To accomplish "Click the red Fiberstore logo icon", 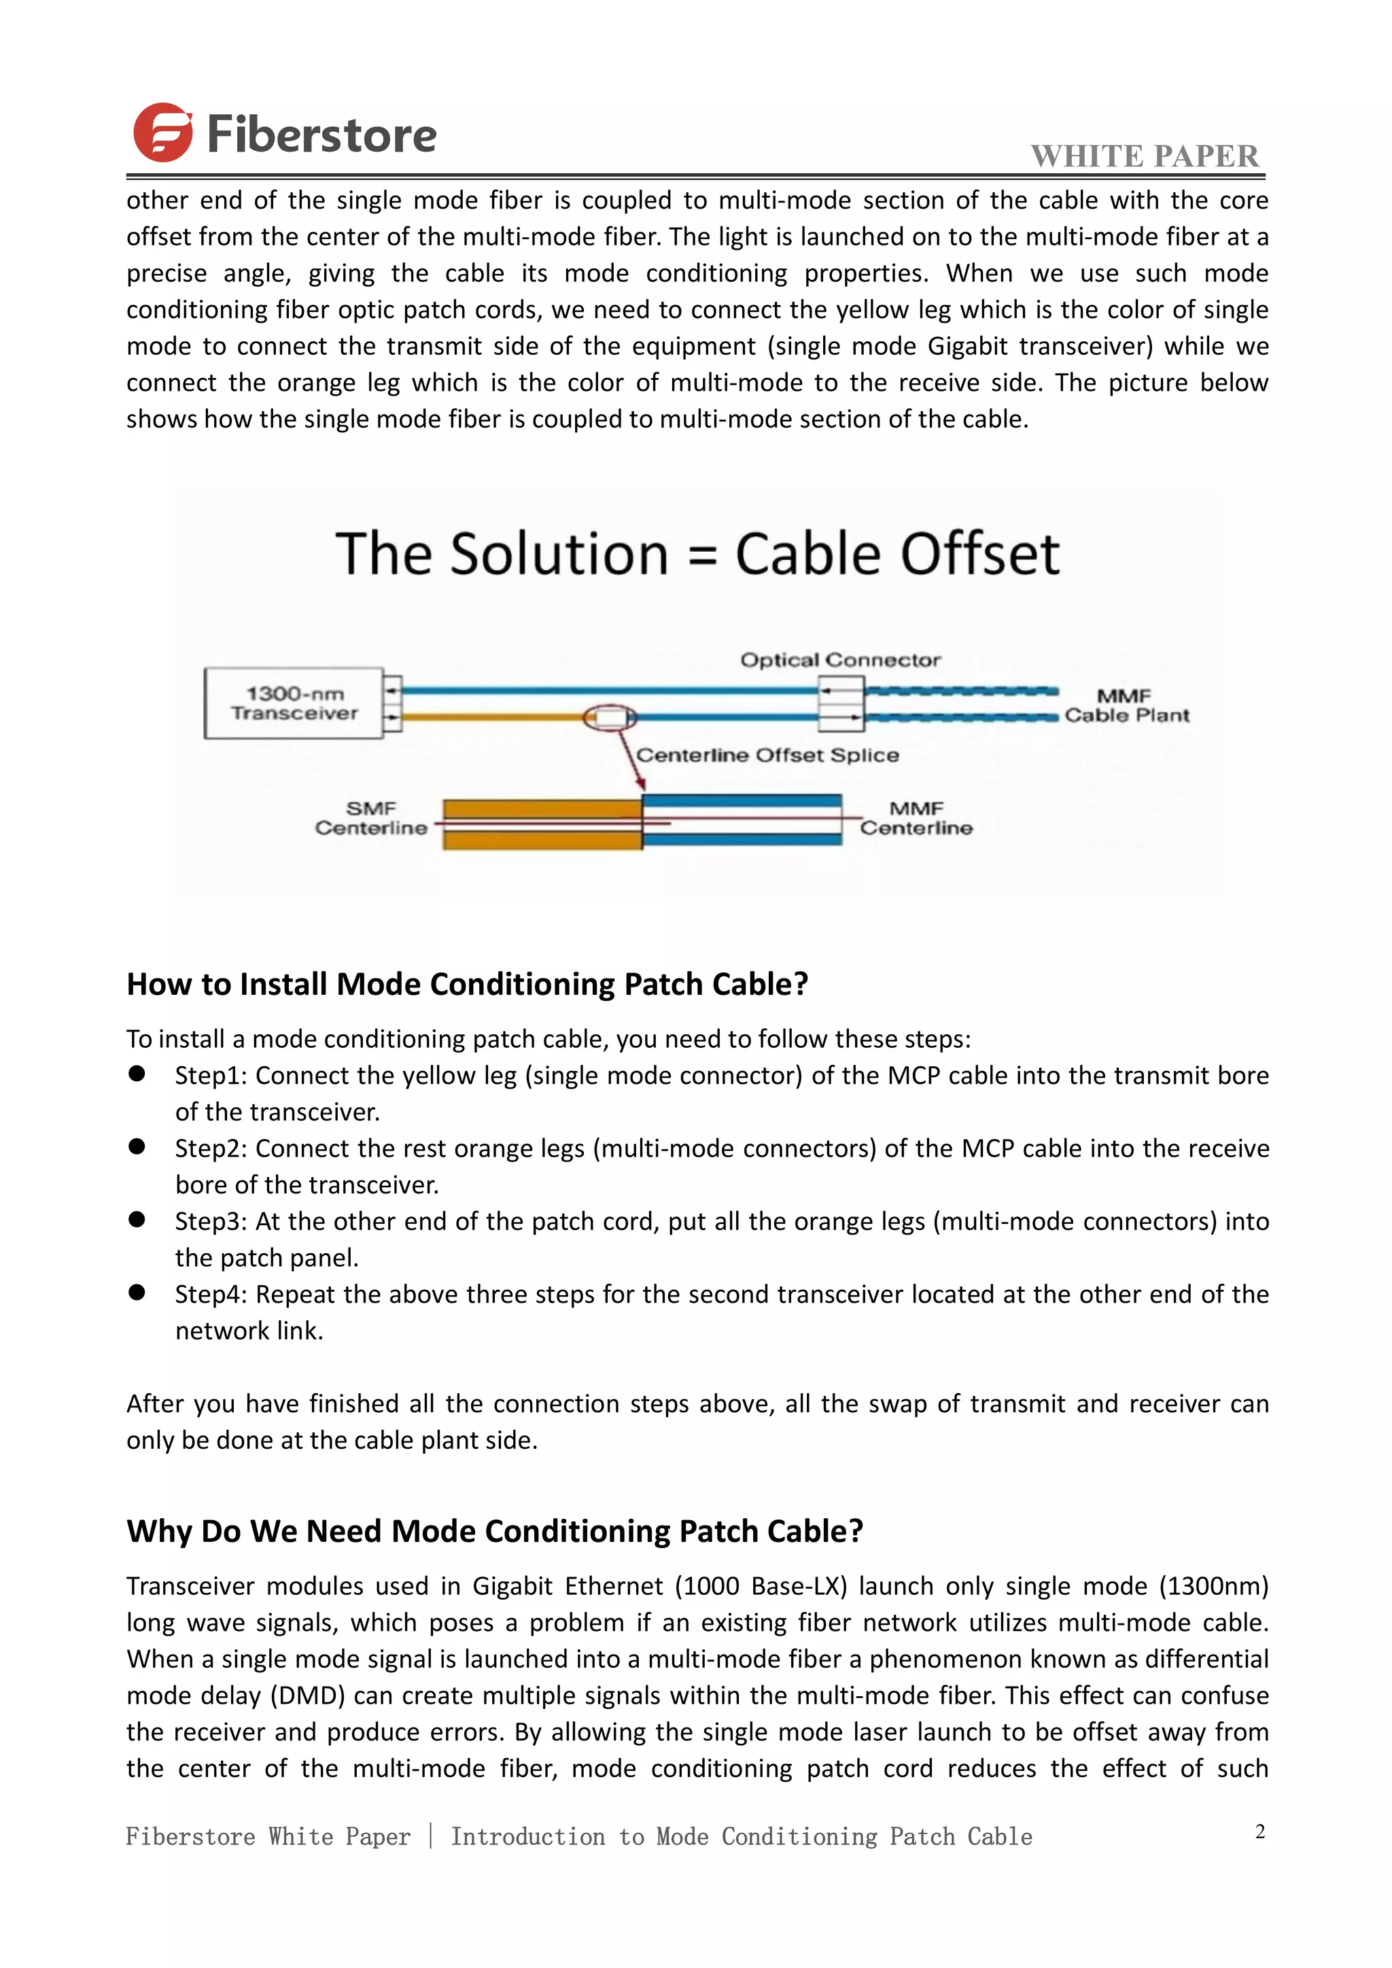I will (163, 133).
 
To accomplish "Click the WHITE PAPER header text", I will (1145, 156).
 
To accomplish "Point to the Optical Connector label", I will (840, 660).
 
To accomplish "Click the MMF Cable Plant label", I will (1126, 705).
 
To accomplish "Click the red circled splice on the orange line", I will (610, 718).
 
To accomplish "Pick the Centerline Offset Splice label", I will (767, 755).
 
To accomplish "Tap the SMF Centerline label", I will (370, 819).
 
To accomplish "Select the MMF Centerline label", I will (916, 819).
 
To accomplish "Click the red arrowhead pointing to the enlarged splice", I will (640, 784).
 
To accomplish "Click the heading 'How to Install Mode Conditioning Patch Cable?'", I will (467, 984).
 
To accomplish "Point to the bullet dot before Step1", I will (137, 1074).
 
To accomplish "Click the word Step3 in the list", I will (211, 1221).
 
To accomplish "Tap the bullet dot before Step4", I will (137, 1293).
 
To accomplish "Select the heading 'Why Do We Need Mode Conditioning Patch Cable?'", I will (495, 1531).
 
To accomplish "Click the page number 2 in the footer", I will (1260, 1831).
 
